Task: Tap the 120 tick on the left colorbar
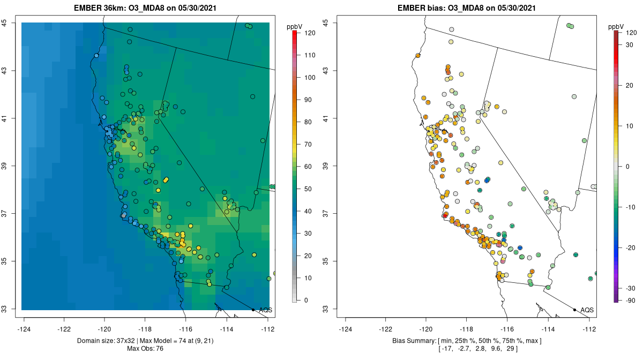(309, 33)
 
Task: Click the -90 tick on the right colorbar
(627, 301)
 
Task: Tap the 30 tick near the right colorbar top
(627, 44)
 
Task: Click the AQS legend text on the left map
(265, 310)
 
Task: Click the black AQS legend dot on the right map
(574, 310)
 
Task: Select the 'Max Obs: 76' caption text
(145, 349)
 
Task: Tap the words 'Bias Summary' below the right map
(414, 341)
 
